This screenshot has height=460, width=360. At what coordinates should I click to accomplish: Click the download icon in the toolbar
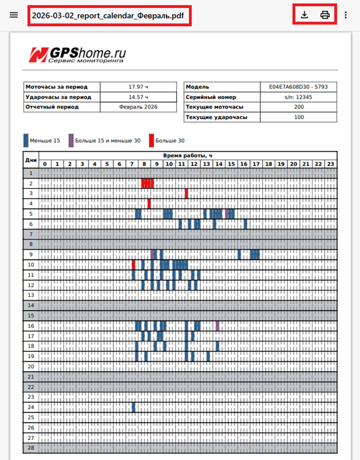[304, 15]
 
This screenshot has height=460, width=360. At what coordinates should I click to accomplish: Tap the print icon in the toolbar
[325, 15]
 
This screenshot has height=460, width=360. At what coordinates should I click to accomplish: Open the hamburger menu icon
[14, 15]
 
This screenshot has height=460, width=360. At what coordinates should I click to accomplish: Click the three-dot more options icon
[346, 15]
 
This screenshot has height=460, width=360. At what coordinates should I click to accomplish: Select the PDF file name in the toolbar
[108, 16]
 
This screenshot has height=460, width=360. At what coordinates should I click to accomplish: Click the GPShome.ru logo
[78, 55]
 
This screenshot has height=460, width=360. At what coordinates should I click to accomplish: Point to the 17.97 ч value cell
[139, 87]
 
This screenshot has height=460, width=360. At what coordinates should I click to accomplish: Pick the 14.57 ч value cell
[139, 97]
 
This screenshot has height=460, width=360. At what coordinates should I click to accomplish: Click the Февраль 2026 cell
[139, 107]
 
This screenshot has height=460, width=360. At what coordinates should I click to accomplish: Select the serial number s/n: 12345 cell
[298, 97]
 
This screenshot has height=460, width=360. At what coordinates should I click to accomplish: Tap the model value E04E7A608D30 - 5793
[298, 87]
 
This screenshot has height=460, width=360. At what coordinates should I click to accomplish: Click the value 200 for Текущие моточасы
[298, 107]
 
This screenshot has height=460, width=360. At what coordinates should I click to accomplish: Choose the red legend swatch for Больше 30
[151, 141]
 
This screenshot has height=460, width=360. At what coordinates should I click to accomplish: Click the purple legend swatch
[71, 141]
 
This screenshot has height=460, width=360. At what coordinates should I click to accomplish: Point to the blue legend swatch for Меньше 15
[26, 141]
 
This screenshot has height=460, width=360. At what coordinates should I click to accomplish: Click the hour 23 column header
[331, 164]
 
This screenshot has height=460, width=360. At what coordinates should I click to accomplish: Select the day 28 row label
[30, 448]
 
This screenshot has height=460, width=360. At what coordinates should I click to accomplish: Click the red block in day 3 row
[186, 194]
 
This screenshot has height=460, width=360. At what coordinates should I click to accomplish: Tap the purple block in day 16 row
[218, 326]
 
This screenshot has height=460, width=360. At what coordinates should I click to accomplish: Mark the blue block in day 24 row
[133, 408]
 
